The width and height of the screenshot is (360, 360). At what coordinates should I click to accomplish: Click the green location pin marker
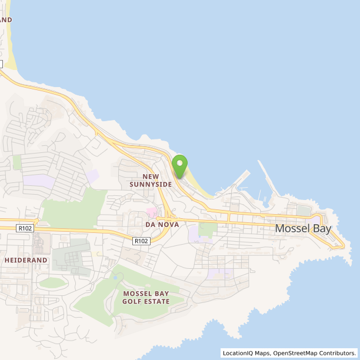pyautogui.click(x=179, y=165)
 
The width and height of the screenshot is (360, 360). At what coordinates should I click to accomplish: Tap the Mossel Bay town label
pyautogui.click(x=303, y=229)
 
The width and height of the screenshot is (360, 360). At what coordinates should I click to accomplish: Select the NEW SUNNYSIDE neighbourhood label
pyautogui.click(x=151, y=180)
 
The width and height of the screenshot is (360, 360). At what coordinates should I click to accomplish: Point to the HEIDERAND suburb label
pyautogui.click(x=26, y=259)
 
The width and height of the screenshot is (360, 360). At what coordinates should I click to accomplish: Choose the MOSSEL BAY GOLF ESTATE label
pyautogui.click(x=146, y=297)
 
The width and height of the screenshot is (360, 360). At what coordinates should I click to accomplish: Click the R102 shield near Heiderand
pyautogui.click(x=24, y=228)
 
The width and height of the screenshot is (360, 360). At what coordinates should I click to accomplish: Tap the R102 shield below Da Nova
pyautogui.click(x=141, y=241)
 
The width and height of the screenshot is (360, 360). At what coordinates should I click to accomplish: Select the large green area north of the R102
pyautogui.click(x=74, y=209)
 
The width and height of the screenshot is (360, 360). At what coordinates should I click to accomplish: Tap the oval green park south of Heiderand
pyautogui.click(x=52, y=283)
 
